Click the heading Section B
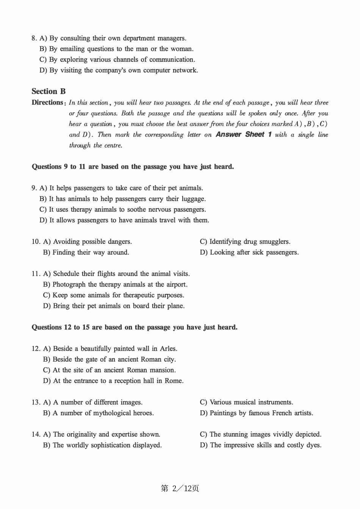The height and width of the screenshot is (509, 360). (49, 91)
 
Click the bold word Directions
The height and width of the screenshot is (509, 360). (47, 102)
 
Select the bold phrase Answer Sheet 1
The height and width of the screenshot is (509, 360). (244, 134)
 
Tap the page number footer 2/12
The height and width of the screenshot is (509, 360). (180, 488)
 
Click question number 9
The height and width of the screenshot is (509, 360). (34, 188)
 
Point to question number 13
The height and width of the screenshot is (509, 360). (36, 402)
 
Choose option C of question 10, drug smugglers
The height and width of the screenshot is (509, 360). (245, 242)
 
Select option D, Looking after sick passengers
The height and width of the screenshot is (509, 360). (249, 252)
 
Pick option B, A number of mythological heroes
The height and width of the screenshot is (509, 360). (99, 413)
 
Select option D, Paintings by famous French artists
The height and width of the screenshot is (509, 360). (257, 413)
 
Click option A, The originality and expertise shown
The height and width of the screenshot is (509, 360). (102, 434)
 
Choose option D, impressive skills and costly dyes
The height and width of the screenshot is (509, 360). (260, 445)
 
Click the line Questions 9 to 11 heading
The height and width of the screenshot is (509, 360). (133, 167)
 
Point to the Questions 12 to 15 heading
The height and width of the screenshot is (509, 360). (135, 327)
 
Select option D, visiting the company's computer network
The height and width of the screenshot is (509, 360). (119, 70)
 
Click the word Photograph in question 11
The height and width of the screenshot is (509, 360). (69, 284)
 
